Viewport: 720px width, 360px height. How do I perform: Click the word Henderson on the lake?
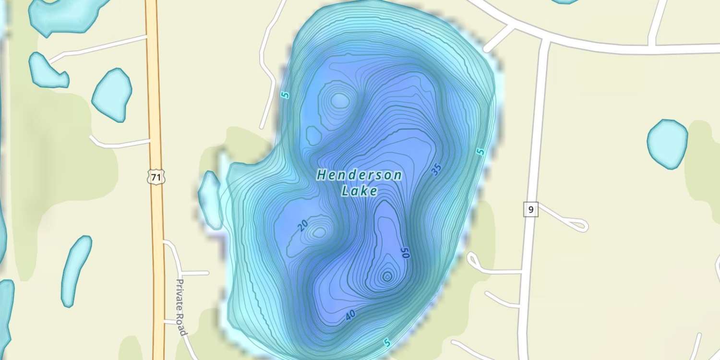pos(359,175)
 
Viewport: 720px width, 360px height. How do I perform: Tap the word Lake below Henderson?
pos(359,191)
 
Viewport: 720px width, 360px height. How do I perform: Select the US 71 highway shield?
pos(156,178)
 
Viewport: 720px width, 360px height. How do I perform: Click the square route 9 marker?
pos(530,209)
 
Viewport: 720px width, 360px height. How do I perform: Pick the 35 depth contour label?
pos(436,169)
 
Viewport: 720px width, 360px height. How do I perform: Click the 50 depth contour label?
pos(405,253)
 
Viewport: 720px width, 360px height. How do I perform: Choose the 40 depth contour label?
pos(350,315)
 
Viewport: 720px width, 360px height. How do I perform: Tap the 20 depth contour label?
pos(302,226)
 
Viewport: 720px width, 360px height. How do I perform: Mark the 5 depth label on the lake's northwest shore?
pos(286,95)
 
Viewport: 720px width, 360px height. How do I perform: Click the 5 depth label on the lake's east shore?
pos(480,152)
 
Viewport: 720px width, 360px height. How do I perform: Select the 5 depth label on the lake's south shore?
pos(387,343)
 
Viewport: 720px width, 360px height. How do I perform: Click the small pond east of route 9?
pos(667,144)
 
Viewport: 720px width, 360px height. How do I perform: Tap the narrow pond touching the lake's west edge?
pos(210,200)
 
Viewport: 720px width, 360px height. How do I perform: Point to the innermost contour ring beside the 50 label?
pos(387,276)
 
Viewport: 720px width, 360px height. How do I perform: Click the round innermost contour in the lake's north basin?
pos(340,100)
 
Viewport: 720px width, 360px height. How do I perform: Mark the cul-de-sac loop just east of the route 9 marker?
pos(578,224)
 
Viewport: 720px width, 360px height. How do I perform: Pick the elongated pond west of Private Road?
pos(76,271)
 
